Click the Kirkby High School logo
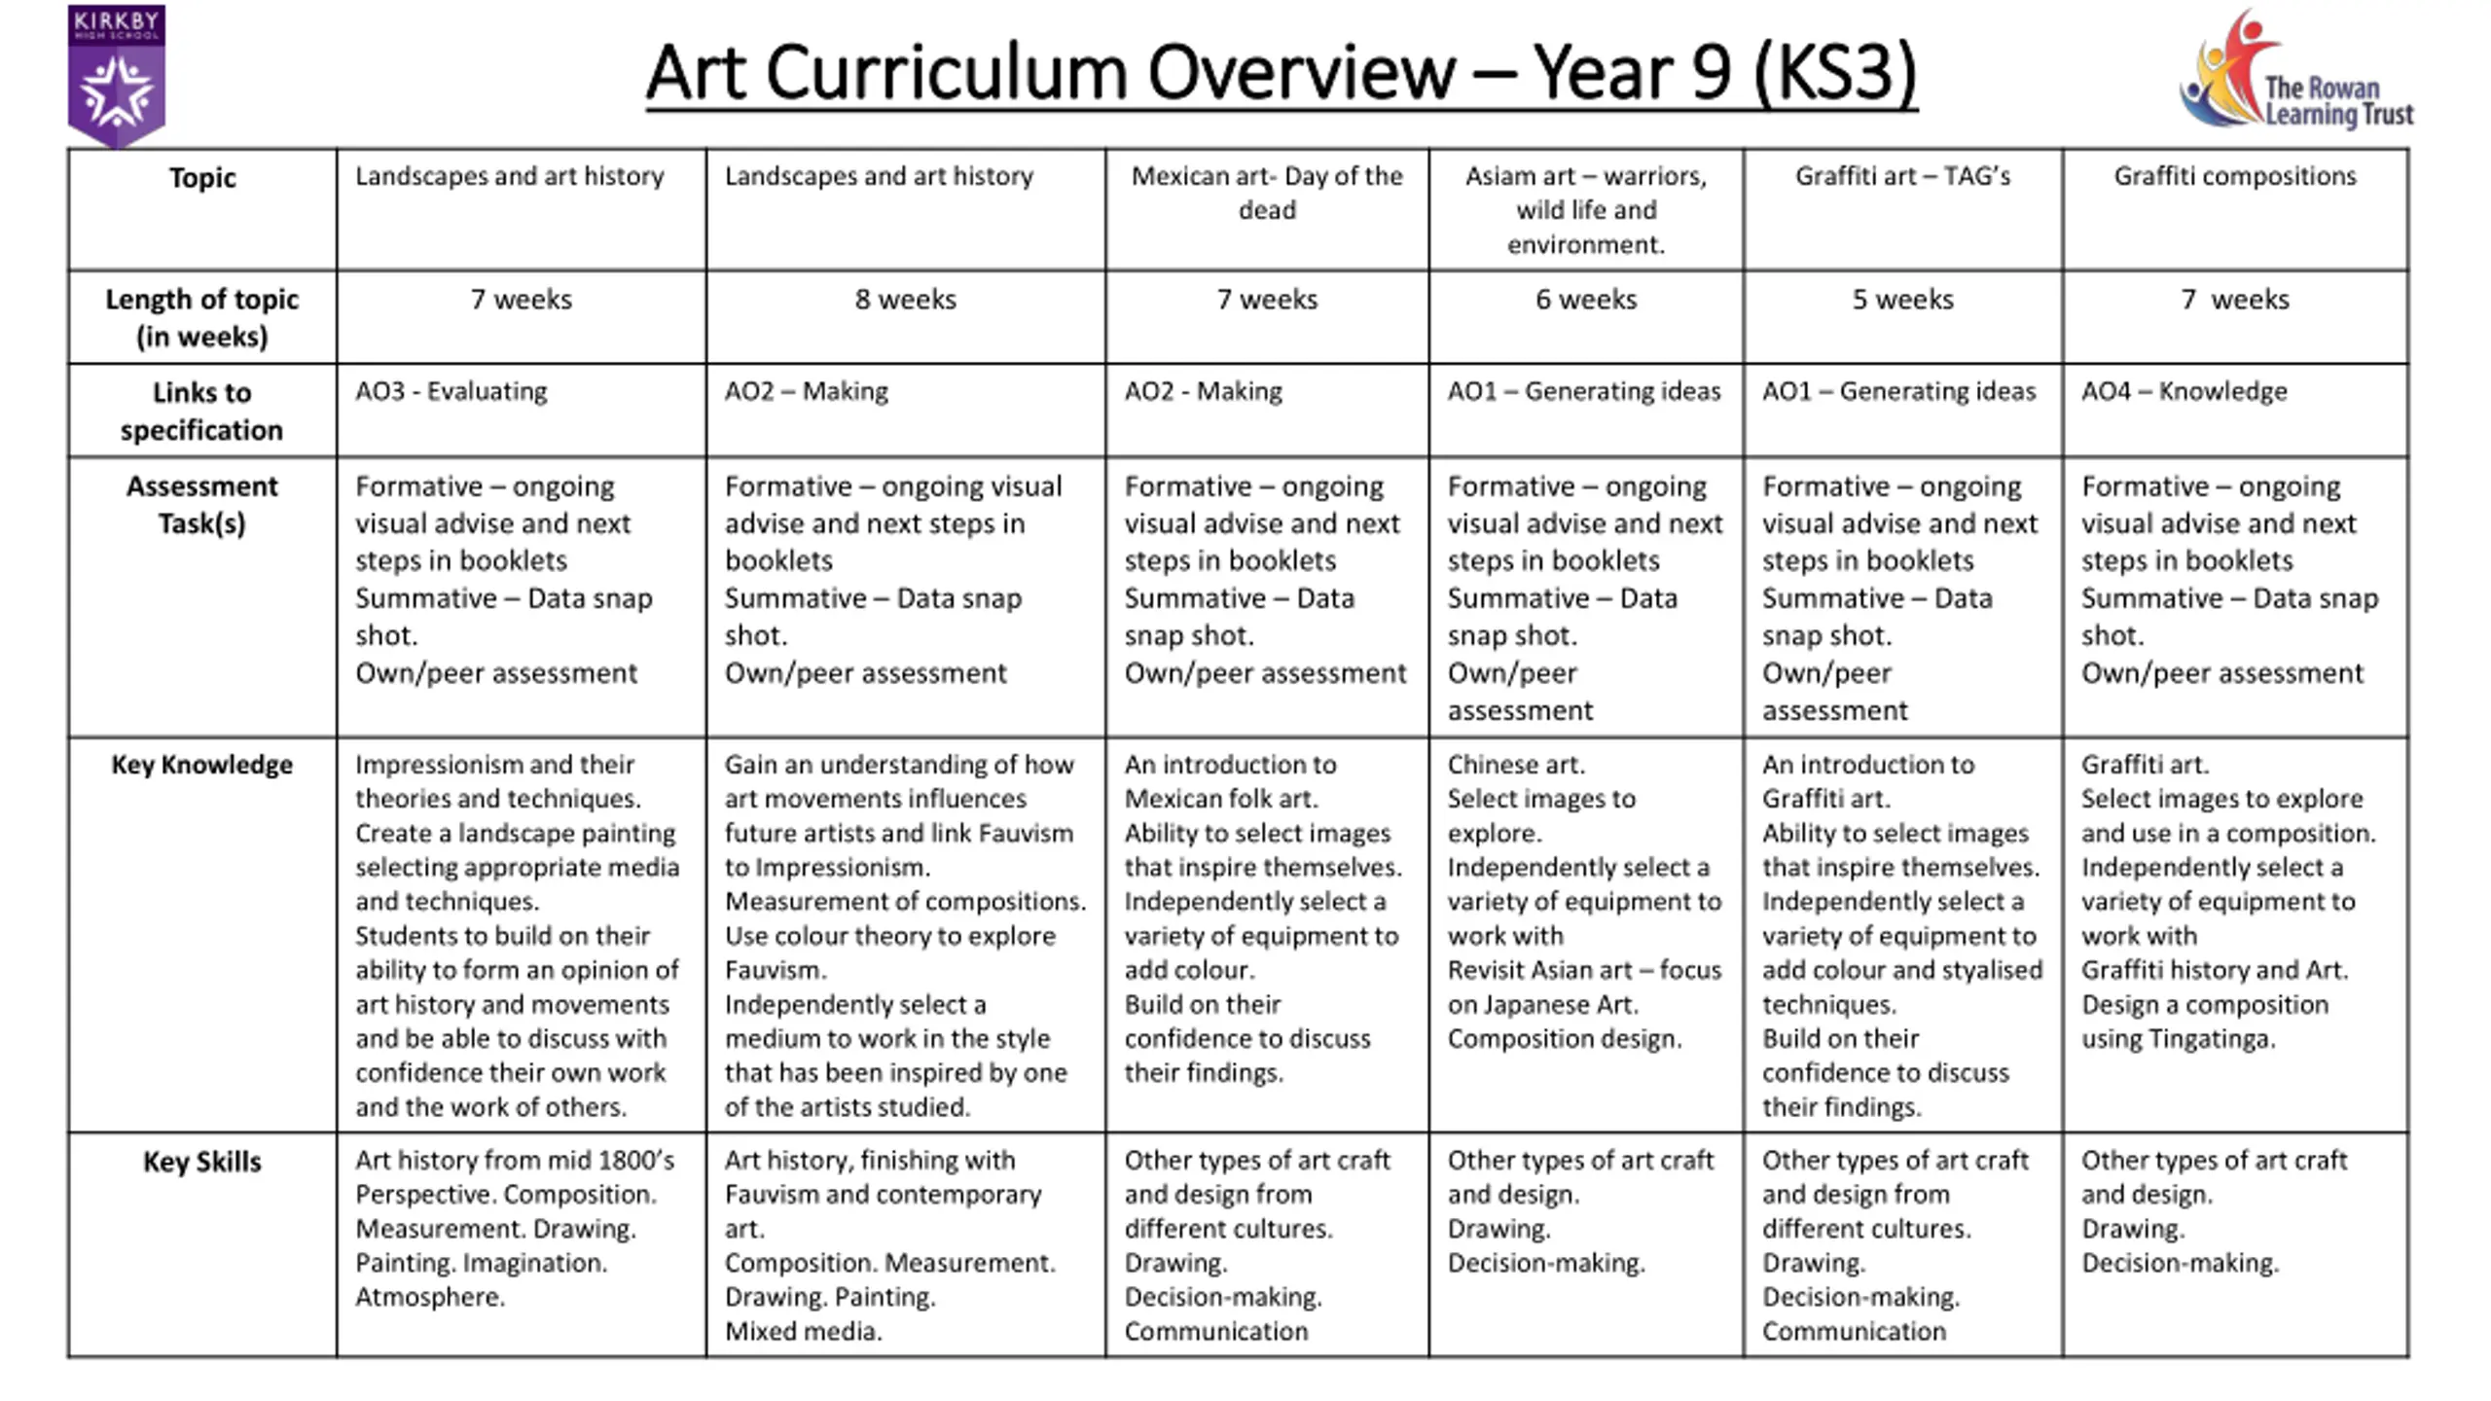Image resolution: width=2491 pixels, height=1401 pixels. (117, 76)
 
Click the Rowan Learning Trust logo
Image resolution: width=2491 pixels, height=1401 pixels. (2296, 74)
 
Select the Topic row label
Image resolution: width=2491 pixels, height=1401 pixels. (201, 178)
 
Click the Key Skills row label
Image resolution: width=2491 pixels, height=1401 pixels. (201, 1162)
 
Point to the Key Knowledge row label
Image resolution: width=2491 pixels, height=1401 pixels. (201, 765)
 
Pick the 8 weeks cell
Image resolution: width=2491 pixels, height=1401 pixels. (905, 300)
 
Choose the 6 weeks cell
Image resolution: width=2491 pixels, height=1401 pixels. (1586, 300)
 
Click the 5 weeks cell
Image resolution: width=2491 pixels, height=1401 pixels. (1902, 300)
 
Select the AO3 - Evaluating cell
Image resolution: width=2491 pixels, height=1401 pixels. (451, 391)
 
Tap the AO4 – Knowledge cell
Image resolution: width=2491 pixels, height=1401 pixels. (2184, 391)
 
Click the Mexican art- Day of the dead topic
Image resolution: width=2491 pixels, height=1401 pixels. (1267, 193)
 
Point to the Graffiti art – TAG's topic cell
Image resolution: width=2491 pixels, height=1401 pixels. (1902, 176)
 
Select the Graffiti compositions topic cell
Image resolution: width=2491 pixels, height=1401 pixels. (2234, 176)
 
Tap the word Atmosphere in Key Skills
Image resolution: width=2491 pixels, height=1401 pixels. (428, 1297)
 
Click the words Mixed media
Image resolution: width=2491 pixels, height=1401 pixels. (803, 1331)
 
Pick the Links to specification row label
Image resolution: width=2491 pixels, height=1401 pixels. (201, 411)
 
